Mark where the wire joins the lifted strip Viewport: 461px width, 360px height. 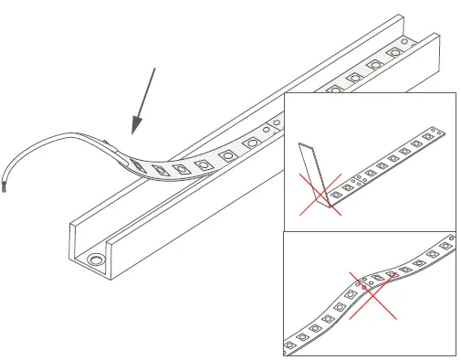pos(111,143)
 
